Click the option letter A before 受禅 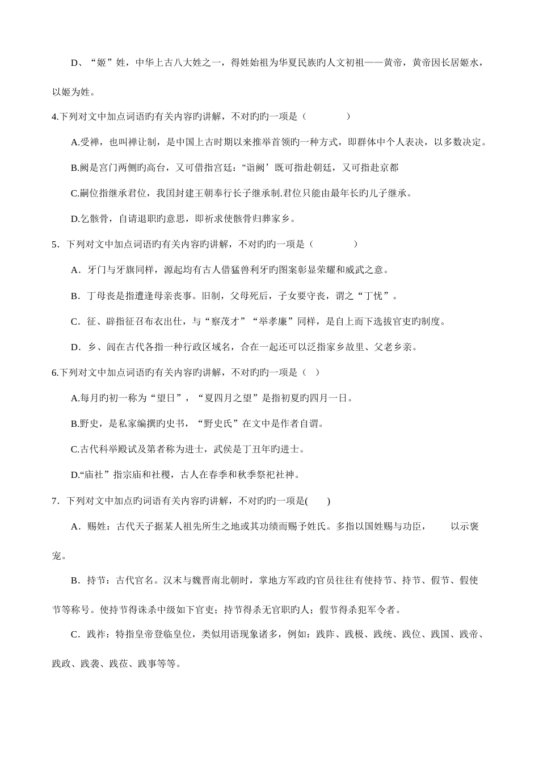coord(74,142)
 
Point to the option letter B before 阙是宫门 coord(74,167)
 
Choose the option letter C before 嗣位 coord(74,193)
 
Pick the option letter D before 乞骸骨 coord(74,219)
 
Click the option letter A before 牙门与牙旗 coord(74,270)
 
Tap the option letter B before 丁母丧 coord(74,296)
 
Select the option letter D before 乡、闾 coord(74,347)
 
